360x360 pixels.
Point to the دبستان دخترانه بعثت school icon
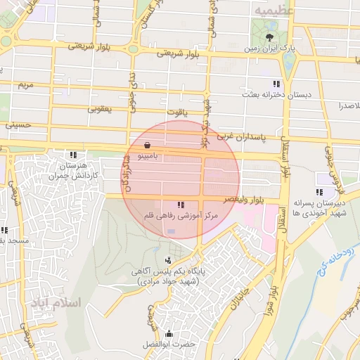(x=286, y=83)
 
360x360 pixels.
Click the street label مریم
(x=25, y=85)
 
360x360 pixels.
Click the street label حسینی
(x=18, y=125)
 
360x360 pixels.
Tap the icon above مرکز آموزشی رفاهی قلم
(x=181, y=205)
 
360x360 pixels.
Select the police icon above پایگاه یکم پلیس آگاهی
(x=167, y=260)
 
